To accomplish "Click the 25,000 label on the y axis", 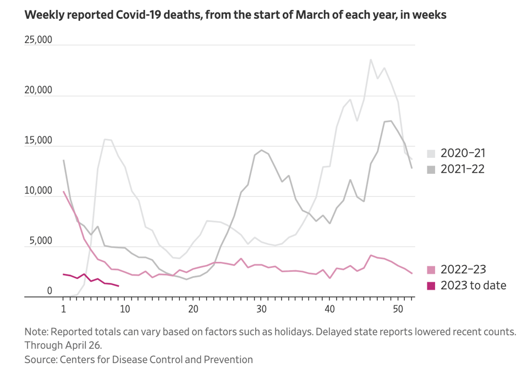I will [x=38, y=40].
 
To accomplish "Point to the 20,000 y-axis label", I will [x=38, y=90].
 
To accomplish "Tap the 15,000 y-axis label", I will [x=38, y=141].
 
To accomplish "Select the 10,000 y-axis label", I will [x=38, y=191].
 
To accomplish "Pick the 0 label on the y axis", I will [x=49, y=291].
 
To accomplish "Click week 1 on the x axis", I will [x=63, y=309].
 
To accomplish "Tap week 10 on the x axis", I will [x=125, y=309].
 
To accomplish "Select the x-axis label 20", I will [x=193, y=309].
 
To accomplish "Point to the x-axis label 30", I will [x=261, y=309].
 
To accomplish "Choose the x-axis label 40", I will [x=329, y=309].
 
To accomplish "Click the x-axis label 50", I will [x=398, y=309].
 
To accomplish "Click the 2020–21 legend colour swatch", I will [x=431, y=153].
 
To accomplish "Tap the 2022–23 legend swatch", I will [x=431, y=269].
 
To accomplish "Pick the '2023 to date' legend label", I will [x=473, y=285].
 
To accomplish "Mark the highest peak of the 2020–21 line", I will [x=371, y=59].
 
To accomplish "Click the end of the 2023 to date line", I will [x=119, y=286].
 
